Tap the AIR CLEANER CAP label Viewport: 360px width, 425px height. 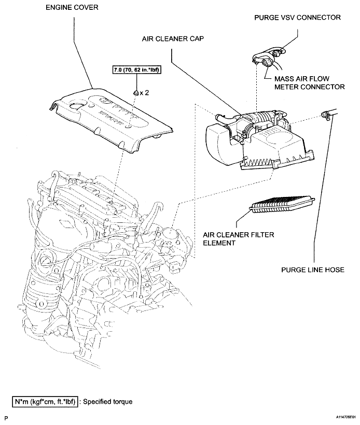click(168, 38)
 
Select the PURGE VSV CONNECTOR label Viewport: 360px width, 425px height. click(297, 17)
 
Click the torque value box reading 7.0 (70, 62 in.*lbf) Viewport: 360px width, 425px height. click(135, 70)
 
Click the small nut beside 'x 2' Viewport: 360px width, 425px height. click(135, 92)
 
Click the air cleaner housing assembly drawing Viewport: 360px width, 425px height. click(259, 140)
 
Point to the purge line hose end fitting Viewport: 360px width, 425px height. click(327, 114)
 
